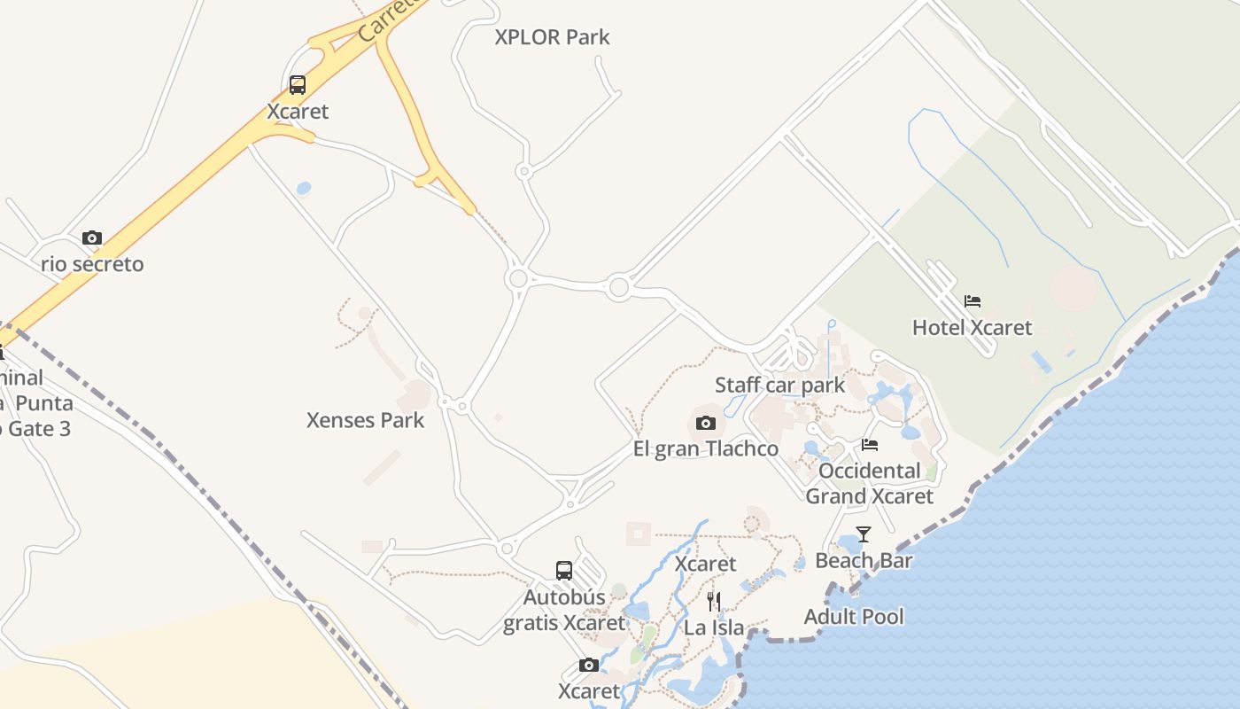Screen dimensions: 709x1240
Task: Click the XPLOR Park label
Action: coord(552,37)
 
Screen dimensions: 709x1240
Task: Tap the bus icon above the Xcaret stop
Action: coord(298,85)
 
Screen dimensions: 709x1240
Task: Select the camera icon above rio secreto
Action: coord(92,238)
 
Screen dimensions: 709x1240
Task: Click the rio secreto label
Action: coord(92,264)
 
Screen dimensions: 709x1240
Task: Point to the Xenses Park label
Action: coord(365,420)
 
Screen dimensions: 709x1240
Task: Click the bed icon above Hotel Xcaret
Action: coord(973,301)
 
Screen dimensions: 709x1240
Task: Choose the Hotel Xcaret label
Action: coord(972,328)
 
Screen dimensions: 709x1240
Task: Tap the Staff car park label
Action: coord(779,386)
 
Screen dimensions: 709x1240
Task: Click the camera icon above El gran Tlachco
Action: coord(706,423)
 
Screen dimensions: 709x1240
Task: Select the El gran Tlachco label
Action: coord(706,448)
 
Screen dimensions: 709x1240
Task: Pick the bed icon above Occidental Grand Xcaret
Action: coord(870,445)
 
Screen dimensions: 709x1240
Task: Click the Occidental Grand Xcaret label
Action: coord(869,483)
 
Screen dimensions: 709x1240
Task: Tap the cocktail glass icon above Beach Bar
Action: coord(864,534)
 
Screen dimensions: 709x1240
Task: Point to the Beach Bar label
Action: coord(864,560)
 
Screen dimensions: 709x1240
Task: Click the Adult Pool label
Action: coord(854,617)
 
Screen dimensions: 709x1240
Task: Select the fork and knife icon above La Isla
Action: coord(714,602)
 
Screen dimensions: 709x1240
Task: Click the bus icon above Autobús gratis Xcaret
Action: coord(564,571)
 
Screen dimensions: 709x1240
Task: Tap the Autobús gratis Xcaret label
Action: coord(564,610)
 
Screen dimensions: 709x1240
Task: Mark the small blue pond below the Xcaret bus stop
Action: coord(304,188)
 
